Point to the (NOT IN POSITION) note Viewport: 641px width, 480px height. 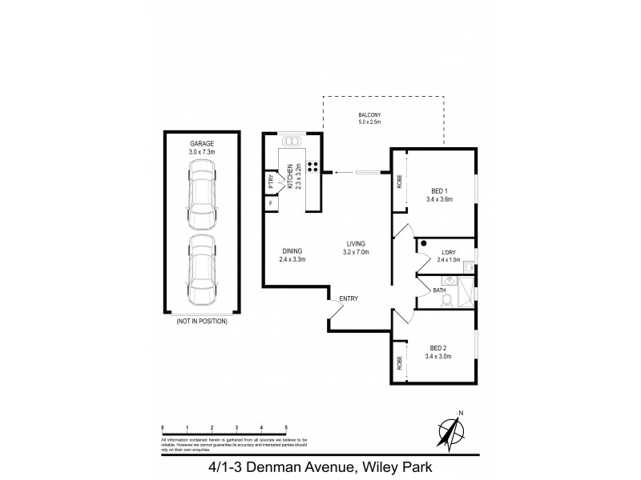[x=201, y=321]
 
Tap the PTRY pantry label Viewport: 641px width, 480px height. [x=271, y=181]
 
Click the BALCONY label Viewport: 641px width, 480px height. [x=369, y=116]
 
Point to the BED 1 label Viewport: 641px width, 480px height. [x=438, y=190]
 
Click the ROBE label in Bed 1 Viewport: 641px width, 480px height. [x=399, y=182]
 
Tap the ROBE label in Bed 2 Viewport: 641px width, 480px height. [x=399, y=362]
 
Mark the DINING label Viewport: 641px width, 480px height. [x=292, y=250]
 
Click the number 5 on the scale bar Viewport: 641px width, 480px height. [x=286, y=429]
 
